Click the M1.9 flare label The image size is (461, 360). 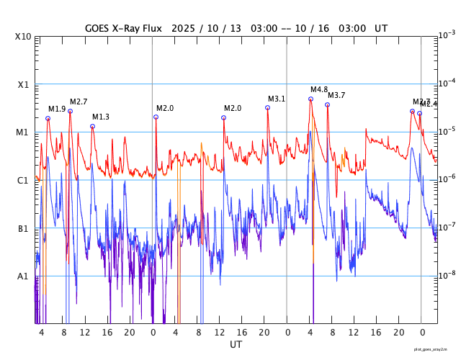tap(57, 109)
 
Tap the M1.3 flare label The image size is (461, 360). tap(101, 117)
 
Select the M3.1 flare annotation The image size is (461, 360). tap(277, 99)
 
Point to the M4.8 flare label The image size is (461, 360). tap(319, 89)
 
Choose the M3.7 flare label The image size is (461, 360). tap(336, 95)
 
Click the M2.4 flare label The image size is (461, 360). tap(429, 104)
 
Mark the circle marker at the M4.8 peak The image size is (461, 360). tap(311, 99)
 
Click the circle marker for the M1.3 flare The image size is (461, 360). tap(92, 126)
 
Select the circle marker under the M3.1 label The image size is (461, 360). tap(267, 107)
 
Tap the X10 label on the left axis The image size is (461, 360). tap(24, 37)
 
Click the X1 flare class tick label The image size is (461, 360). tap(24, 84)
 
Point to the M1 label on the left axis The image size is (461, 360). tap(24, 132)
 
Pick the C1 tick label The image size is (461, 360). tap(24, 180)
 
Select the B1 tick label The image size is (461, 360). tap(24, 228)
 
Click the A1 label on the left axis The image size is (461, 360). tap(24, 276)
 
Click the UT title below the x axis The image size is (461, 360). tap(236, 345)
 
